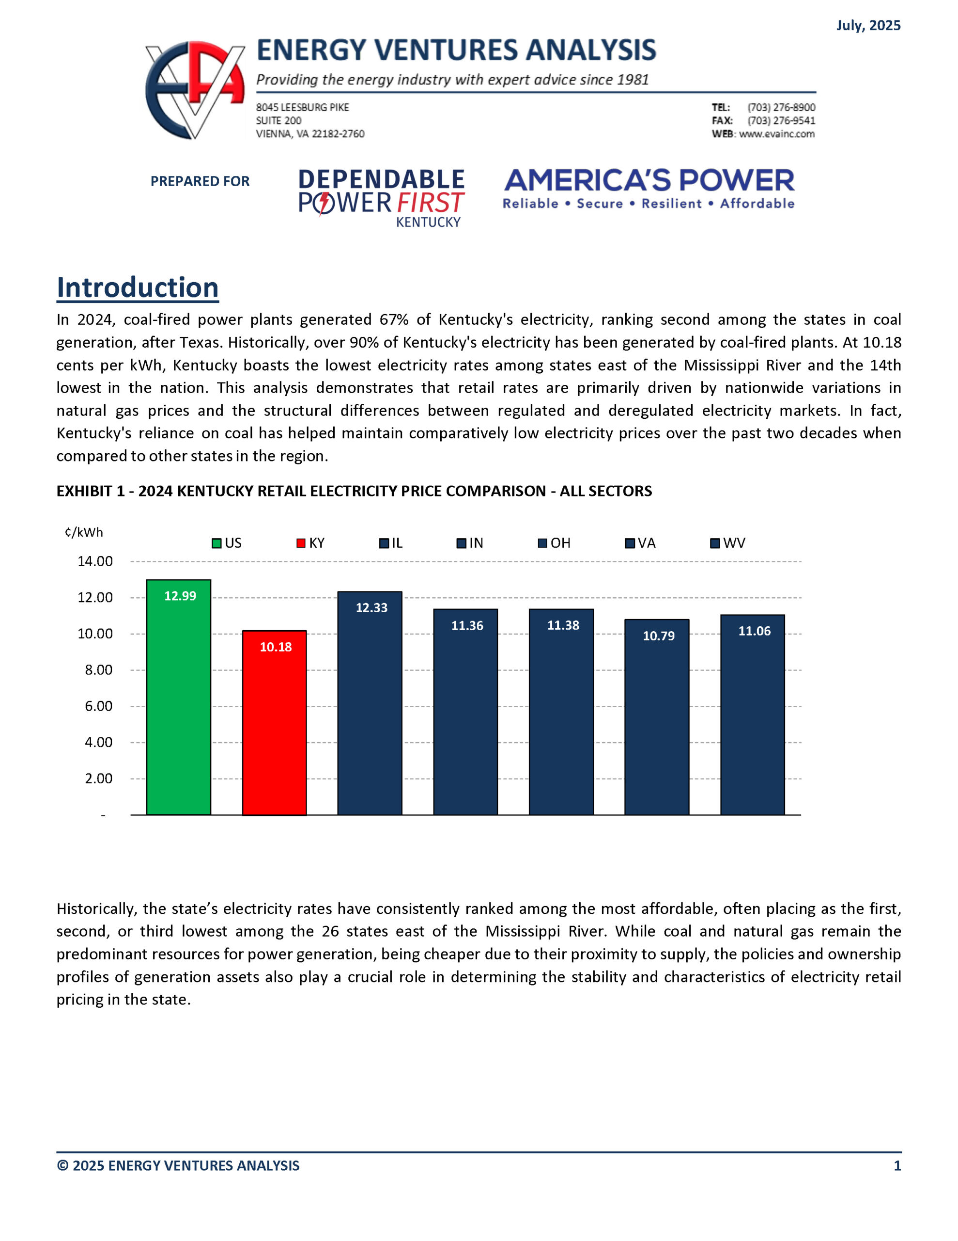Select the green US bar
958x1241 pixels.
point(178,704)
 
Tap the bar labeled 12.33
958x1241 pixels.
point(370,710)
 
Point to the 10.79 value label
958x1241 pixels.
point(658,636)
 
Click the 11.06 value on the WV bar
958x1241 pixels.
point(754,631)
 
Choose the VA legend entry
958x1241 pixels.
point(641,542)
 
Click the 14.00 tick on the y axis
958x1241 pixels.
point(95,561)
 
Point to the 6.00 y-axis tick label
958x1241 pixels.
point(98,706)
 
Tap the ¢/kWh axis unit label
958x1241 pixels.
point(84,532)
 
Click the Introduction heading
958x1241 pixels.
point(138,287)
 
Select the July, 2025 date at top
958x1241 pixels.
point(868,26)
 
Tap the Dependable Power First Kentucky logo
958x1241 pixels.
point(382,198)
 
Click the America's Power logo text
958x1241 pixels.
point(649,181)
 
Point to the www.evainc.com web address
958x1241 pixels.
point(776,134)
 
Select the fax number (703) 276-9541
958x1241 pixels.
point(781,120)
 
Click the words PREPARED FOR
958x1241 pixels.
point(200,181)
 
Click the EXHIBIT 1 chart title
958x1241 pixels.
point(354,491)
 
